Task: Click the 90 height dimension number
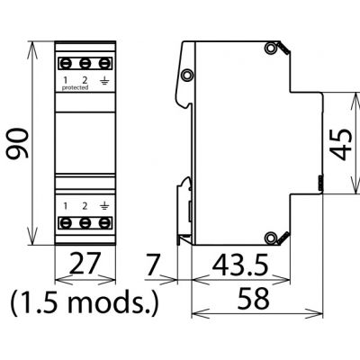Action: click(17, 143)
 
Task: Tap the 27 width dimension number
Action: click(85, 263)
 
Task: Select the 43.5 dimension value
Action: click(240, 265)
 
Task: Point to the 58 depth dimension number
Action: click(254, 298)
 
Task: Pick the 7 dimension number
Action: click(153, 265)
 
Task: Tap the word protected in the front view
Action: click(75, 87)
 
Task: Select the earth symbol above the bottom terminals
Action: click(104, 206)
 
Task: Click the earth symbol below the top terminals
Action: click(104, 80)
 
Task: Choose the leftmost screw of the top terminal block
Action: click(66, 64)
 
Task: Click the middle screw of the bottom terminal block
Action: click(85, 223)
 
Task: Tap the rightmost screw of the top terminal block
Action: click(104, 64)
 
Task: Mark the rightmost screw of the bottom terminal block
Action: click(104, 223)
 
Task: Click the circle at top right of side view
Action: click(270, 49)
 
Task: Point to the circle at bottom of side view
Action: click(270, 238)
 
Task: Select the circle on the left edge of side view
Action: click(187, 75)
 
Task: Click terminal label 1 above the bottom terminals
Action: click(66, 206)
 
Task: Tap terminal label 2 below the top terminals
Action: click(85, 80)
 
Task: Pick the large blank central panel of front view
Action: click(85, 142)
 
